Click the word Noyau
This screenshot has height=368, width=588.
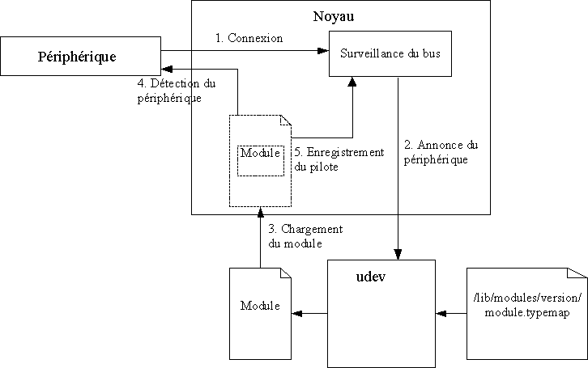[333, 16]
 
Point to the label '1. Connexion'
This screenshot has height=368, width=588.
[249, 38]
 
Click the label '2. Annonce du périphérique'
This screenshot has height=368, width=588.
[440, 152]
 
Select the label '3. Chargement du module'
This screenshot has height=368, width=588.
[305, 236]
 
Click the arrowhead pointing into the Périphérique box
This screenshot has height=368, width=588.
[164, 70]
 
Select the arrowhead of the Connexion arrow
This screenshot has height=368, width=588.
[323, 52]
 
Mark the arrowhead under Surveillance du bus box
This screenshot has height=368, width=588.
[353, 81]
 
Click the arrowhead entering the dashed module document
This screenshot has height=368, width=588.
[260, 212]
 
